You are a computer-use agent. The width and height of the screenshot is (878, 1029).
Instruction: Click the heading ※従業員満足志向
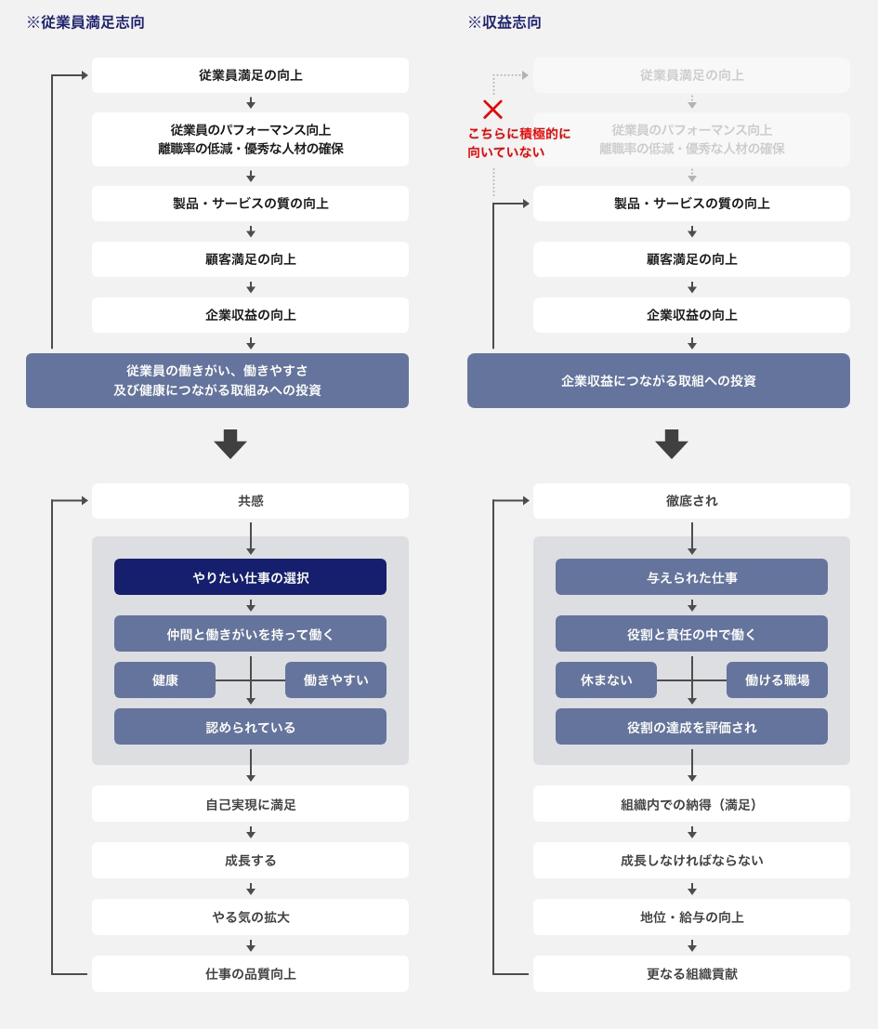point(85,22)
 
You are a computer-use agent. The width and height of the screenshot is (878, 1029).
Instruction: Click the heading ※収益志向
point(505,22)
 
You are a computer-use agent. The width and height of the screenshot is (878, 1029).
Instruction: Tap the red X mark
point(492,109)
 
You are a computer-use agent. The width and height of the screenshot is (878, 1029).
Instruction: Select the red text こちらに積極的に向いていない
point(518,142)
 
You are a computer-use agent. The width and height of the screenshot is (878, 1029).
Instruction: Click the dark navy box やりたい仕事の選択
point(250,577)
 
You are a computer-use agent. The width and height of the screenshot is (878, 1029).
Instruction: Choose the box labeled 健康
point(164,679)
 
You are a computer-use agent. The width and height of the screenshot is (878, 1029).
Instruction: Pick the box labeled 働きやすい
point(335,679)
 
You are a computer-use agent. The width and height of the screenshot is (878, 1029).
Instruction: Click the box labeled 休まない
point(606,679)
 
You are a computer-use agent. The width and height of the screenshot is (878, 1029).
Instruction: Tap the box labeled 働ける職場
point(777,679)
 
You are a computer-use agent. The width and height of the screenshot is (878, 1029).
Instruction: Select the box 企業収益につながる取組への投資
point(659,380)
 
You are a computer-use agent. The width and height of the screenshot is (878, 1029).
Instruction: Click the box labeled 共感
point(250,501)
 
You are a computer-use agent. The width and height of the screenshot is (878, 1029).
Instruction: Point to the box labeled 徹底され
point(691,501)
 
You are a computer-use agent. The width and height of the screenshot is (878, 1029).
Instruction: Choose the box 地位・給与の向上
point(691,917)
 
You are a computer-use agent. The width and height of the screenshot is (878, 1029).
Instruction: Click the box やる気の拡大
point(250,917)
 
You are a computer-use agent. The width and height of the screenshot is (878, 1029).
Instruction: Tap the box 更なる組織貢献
point(691,974)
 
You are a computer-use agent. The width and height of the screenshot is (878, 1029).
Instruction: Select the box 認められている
point(250,727)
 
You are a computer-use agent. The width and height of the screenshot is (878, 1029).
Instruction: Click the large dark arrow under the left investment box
point(230,444)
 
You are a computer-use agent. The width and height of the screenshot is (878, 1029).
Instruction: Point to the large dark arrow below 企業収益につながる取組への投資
point(672,444)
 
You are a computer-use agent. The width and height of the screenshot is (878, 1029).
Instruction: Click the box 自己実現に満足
point(250,804)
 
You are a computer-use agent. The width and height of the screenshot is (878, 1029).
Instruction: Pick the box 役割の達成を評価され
point(691,727)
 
